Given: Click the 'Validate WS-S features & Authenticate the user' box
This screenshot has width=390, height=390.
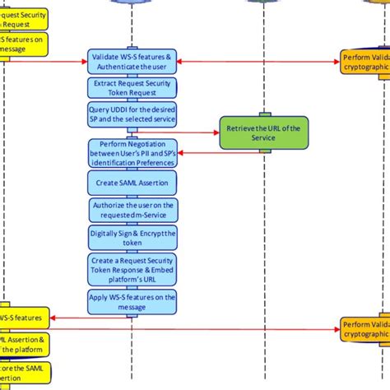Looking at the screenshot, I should pos(132,60).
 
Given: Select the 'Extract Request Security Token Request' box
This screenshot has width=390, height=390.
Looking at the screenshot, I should pos(132,88).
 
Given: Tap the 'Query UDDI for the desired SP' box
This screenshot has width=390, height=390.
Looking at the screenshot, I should pos(132,114).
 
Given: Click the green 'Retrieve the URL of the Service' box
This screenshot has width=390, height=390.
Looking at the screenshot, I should pos(262,131).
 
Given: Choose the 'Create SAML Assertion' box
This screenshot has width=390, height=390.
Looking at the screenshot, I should pos(132,182).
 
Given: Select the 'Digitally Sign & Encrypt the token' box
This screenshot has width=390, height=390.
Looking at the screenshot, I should pos(132,239).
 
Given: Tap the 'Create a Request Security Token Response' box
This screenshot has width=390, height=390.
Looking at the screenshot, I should pos(132,270).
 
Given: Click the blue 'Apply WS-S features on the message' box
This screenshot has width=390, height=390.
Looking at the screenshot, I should pos(132,301).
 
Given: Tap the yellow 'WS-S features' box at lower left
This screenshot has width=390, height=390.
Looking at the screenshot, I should pos(25,316).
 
